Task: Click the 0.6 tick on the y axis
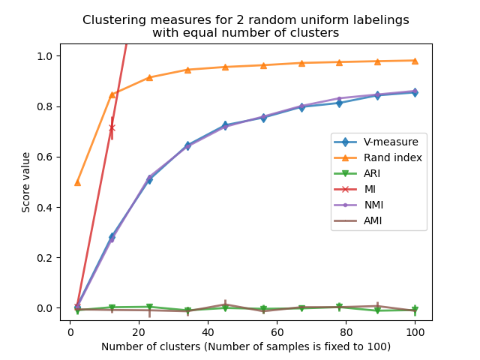click(46, 157)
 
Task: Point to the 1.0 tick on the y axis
click(46, 56)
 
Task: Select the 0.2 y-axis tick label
click(46, 257)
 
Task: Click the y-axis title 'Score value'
click(26, 182)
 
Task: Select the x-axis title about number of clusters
click(246, 346)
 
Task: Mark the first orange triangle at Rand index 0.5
click(77, 182)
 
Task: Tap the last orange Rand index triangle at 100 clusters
click(415, 61)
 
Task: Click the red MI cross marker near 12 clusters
click(112, 128)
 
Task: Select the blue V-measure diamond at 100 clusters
click(415, 92)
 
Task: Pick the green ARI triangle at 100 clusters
click(415, 310)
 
